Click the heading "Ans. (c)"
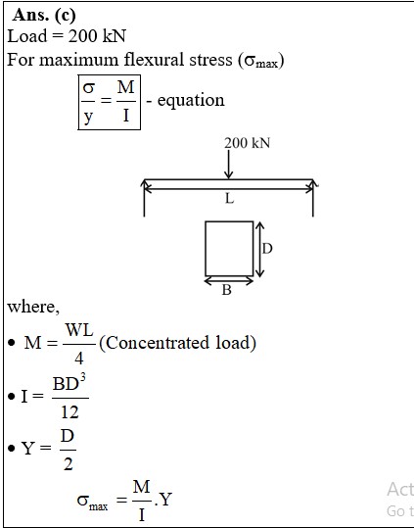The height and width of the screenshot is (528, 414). (x=44, y=16)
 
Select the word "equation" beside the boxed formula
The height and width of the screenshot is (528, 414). (x=191, y=101)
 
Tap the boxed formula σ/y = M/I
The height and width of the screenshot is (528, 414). (x=110, y=102)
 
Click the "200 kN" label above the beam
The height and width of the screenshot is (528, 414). (x=248, y=143)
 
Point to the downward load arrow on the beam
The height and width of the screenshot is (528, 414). (x=228, y=165)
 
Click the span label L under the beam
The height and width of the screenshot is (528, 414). (x=229, y=199)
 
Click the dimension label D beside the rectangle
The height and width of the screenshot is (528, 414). (x=267, y=249)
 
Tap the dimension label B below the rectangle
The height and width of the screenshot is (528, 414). (x=227, y=290)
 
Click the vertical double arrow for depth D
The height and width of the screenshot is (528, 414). (x=259, y=249)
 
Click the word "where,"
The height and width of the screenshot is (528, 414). (x=33, y=307)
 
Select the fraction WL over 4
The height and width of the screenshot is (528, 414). (x=79, y=344)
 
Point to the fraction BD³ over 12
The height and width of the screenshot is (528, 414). (x=69, y=398)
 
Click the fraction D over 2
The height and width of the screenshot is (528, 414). (x=68, y=450)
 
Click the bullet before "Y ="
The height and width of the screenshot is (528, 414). (x=12, y=449)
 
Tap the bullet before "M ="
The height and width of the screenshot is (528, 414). (x=12, y=343)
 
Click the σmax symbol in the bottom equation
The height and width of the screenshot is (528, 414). (x=92, y=502)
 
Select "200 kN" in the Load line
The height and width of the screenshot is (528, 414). (x=97, y=36)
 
